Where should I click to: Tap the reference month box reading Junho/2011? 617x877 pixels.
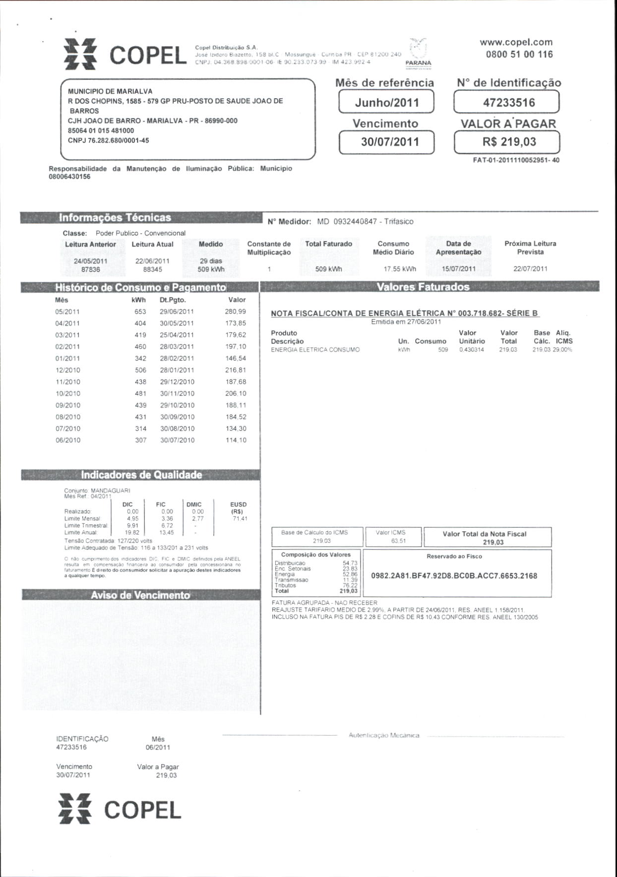(386, 103)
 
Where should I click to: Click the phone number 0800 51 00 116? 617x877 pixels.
(519, 55)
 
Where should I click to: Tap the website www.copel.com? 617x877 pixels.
(516, 43)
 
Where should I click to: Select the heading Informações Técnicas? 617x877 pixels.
(115, 218)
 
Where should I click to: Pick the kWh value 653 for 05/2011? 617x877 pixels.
(140, 312)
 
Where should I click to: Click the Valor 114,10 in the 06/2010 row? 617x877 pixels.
(236, 440)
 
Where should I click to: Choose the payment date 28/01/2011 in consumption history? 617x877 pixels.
(177, 371)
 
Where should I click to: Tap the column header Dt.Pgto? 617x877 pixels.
(173, 300)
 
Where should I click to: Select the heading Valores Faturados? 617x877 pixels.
(423, 287)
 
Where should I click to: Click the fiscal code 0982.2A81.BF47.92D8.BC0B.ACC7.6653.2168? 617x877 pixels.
(454, 576)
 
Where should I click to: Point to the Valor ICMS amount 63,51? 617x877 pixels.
(398, 541)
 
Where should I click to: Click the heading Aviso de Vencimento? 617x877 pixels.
(140, 595)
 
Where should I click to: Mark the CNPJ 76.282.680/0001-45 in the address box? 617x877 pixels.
(109, 141)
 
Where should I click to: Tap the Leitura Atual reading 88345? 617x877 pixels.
(152, 270)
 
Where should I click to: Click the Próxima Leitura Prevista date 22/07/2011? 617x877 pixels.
(530, 269)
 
